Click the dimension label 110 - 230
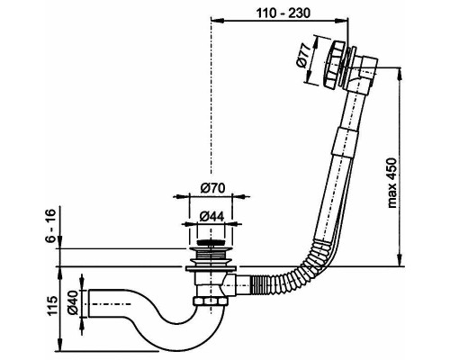[x=283, y=13]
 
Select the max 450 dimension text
[x=391, y=183]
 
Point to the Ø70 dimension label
[x=212, y=188]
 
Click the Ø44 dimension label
[x=211, y=216]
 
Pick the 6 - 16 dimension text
[x=51, y=225]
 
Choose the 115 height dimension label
[x=51, y=306]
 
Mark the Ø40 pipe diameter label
[x=73, y=303]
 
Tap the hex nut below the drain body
[x=209, y=301]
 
